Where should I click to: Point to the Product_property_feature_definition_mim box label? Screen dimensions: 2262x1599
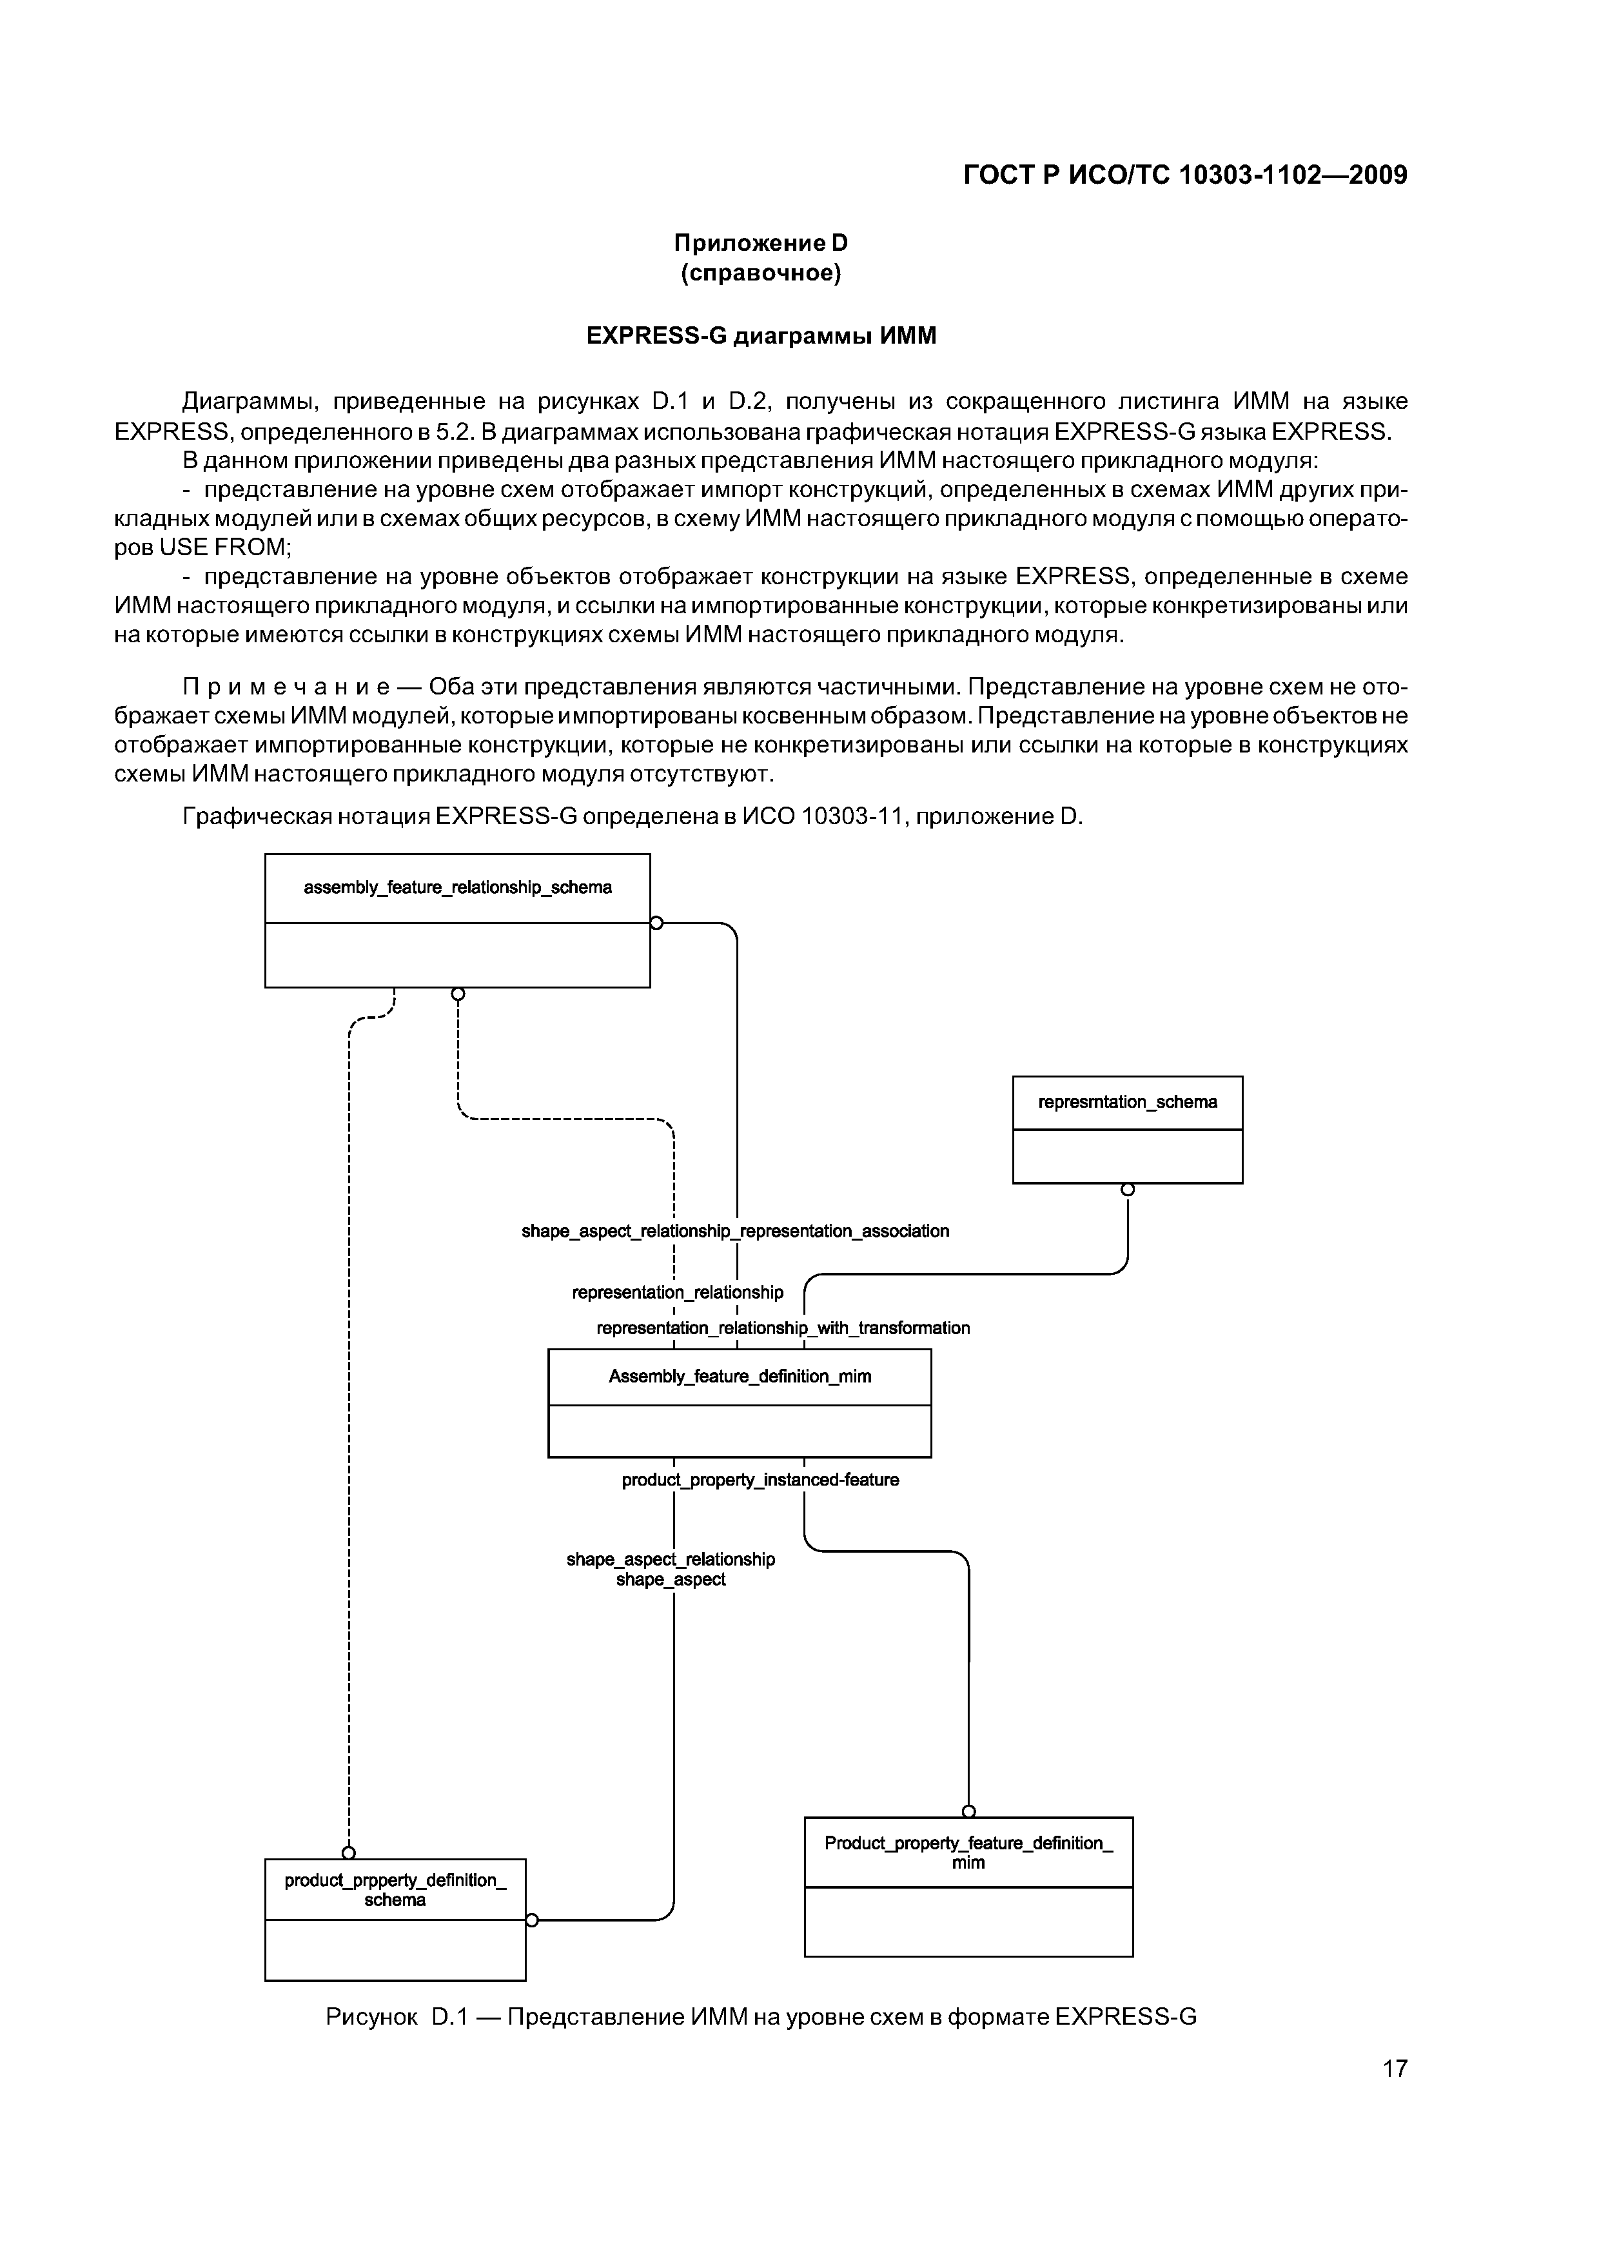click(968, 1852)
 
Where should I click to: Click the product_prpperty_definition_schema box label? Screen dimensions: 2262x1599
click(395, 1889)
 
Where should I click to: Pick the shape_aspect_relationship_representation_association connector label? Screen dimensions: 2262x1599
click(735, 1230)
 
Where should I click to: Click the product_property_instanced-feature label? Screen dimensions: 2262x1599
click(760, 1480)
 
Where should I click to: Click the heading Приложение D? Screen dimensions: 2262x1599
click(760, 242)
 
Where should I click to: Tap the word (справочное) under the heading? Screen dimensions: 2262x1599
click(760, 273)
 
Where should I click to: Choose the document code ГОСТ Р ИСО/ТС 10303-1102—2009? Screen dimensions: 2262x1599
click(1184, 175)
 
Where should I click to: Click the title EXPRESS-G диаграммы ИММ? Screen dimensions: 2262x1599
click(760, 336)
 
